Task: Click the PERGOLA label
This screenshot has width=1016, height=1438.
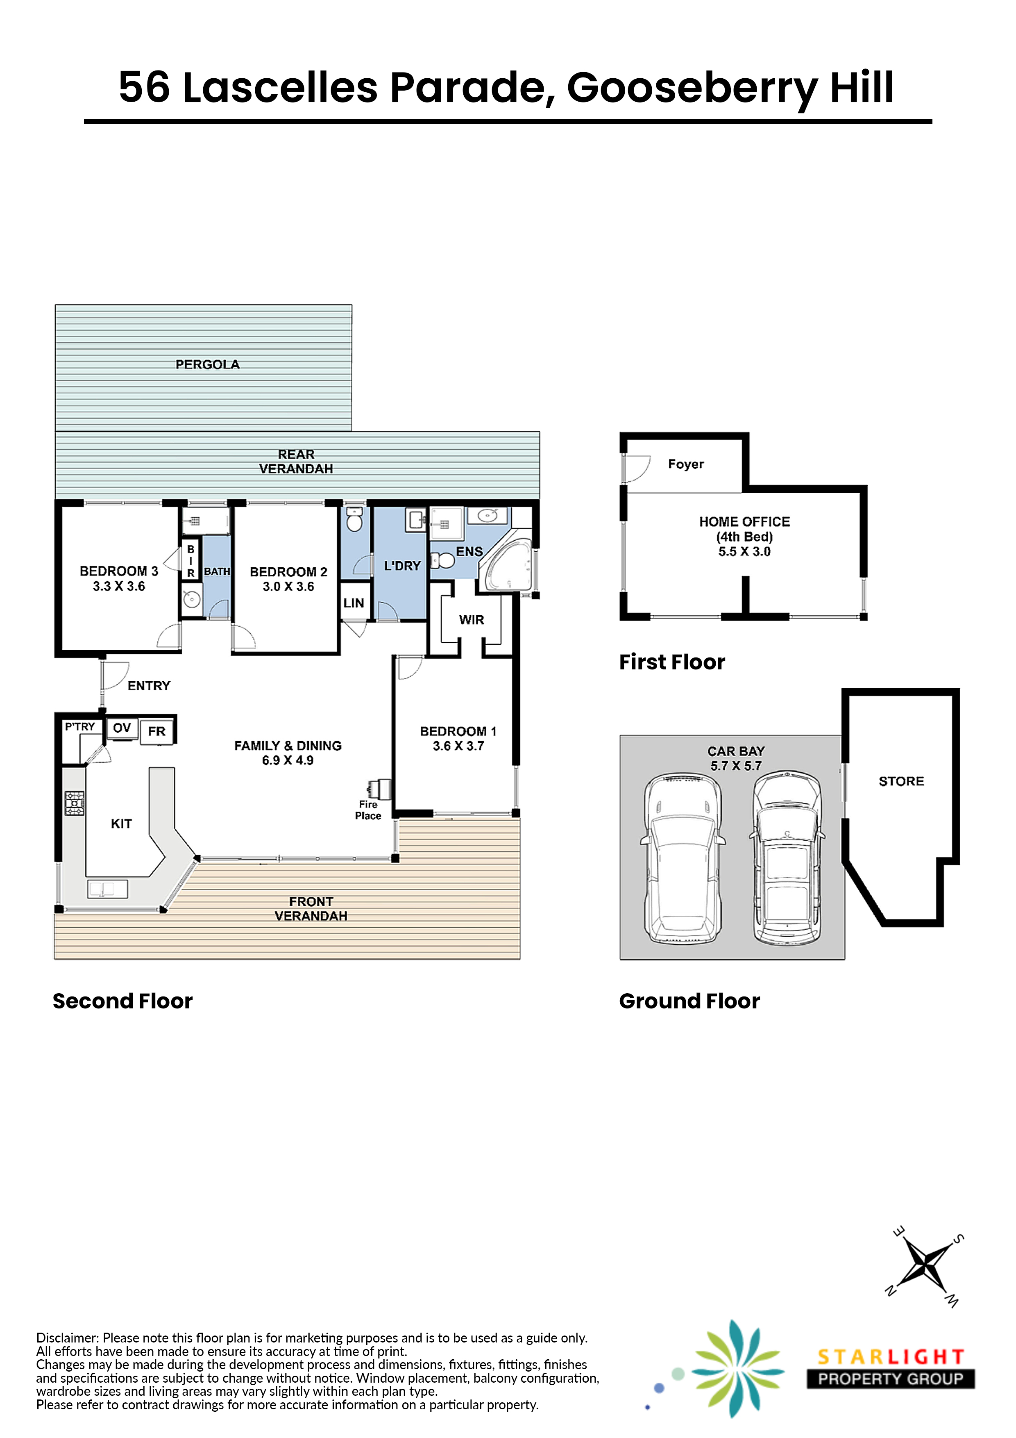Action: (x=207, y=364)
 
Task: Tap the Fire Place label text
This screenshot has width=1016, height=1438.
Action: (x=368, y=810)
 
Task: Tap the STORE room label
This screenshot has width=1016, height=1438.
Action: (x=901, y=781)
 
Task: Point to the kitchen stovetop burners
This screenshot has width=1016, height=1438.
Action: (x=75, y=803)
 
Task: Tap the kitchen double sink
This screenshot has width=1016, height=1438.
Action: (x=108, y=889)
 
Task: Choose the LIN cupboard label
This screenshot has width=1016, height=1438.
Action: (x=354, y=603)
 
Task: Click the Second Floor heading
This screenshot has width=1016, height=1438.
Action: (x=122, y=1001)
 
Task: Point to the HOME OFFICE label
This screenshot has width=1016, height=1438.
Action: (x=744, y=522)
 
